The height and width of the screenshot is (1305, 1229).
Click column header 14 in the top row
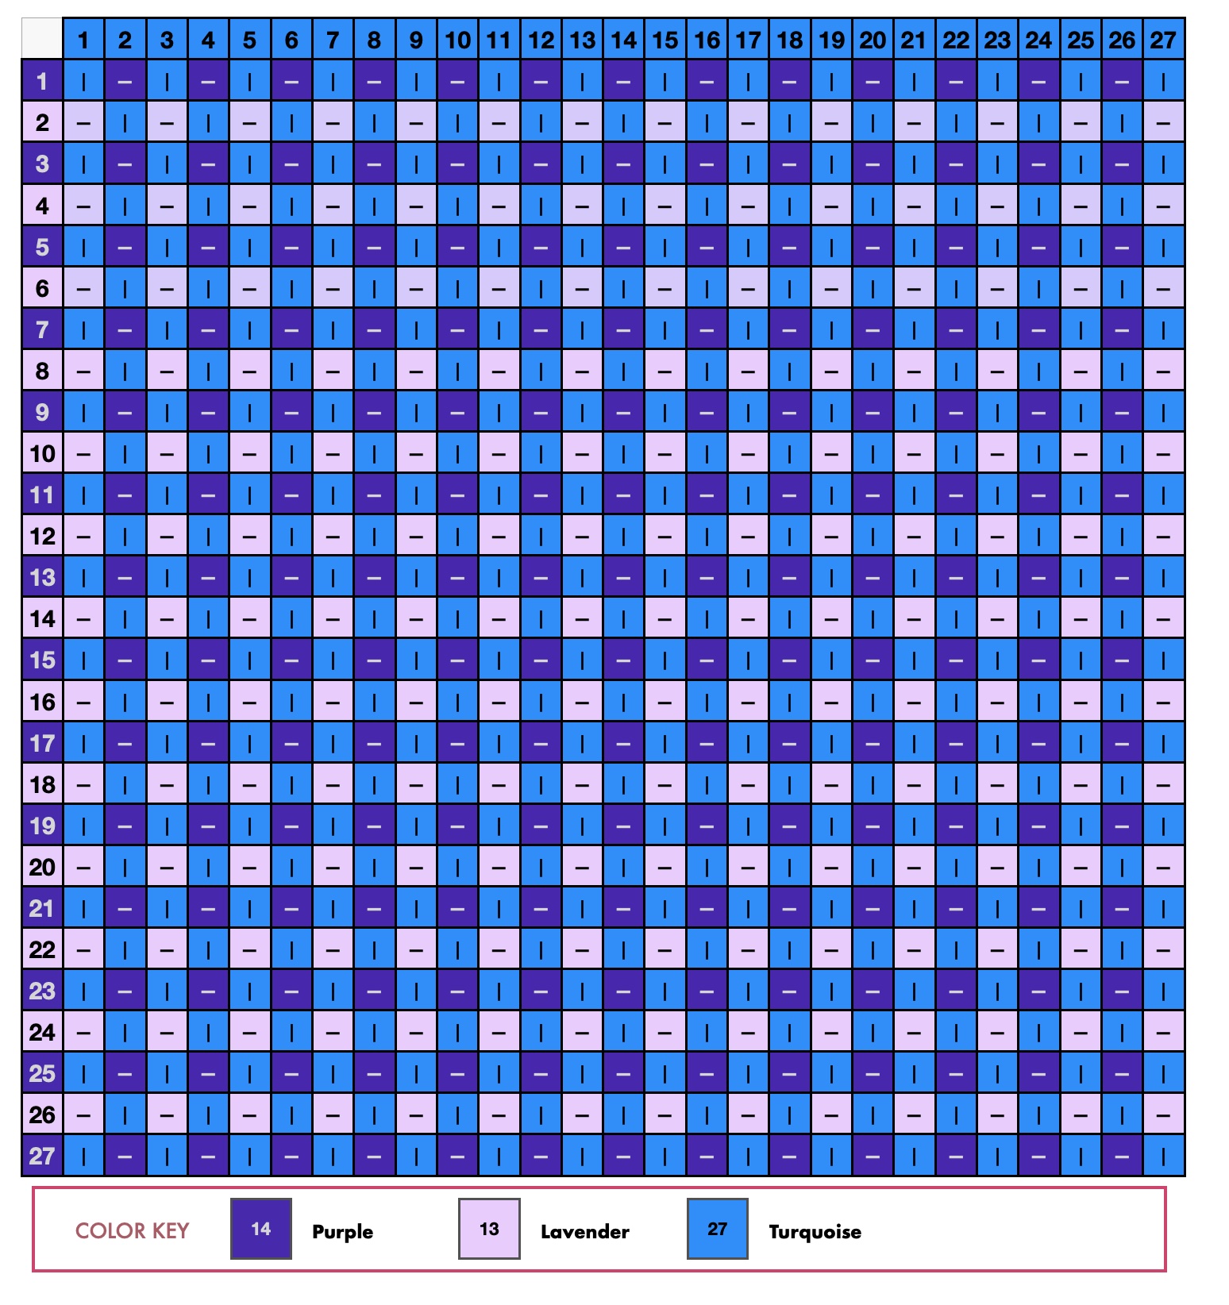[x=623, y=40]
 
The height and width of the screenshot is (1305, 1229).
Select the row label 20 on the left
[x=42, y=867]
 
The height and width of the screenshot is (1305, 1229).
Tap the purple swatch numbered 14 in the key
[x=261, y=1229]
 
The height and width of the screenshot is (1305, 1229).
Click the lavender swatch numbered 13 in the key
[x=489, y=1229]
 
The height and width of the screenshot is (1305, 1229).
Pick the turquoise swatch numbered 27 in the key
[x=717, y=1229]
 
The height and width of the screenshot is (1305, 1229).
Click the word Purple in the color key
[x=342, y=1231]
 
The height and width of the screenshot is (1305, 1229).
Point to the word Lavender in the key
[x=584, y=1231]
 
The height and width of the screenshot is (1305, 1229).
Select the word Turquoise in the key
[x=815, y=1231]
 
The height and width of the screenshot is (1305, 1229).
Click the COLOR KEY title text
[x=132, y=1230]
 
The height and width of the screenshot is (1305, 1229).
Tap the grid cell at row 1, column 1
[x=83, y=81]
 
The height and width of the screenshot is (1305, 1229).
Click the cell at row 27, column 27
[x=1163, y=1156]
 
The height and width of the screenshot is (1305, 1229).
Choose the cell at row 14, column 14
[x=623, y=618]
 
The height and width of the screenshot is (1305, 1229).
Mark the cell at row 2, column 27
[x=1163, y=122]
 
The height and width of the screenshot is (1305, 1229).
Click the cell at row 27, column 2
[x=125, y=1156]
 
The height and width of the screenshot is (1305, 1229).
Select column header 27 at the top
[x=1163, y=40]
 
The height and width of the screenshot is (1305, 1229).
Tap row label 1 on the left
[x=42, y=81]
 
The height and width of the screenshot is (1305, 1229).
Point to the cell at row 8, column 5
[x=249, y=371]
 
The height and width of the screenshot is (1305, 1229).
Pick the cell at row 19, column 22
[x=956, y=826]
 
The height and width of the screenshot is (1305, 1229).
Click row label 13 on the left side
[x=42, y=577]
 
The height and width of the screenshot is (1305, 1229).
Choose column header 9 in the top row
[x=416, y=40]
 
